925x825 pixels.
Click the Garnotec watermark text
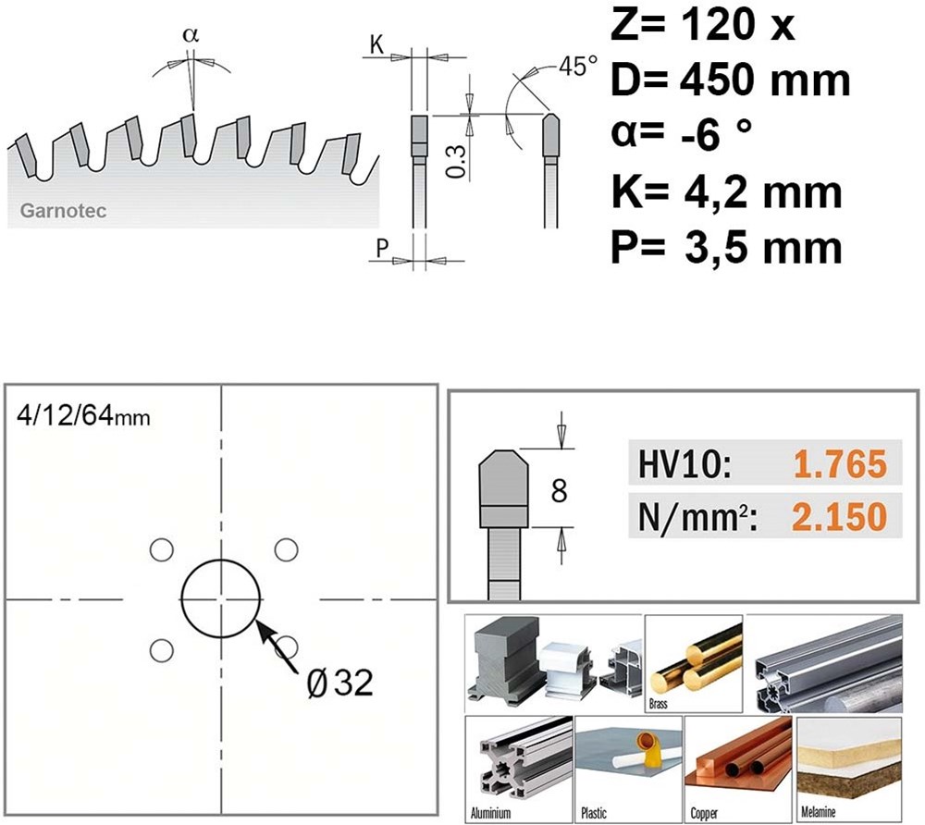coord(63,211)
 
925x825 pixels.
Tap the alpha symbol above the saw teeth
coord(191,35)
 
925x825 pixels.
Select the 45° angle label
coord(578,66)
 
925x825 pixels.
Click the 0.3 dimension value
coord(456,162)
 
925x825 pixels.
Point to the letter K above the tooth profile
coord(377,44)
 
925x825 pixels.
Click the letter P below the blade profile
coord(382,248)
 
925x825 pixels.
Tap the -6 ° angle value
coord(716,135)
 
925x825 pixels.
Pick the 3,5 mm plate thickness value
coord(763,248)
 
